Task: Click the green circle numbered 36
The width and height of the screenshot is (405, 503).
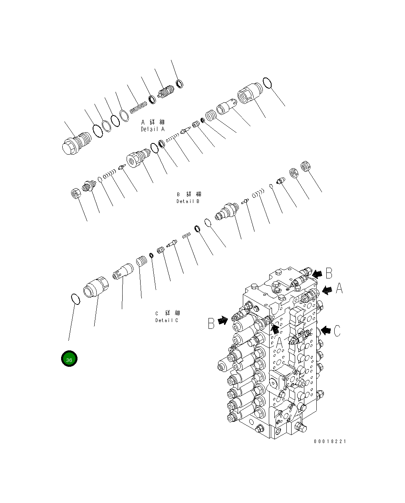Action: [69, 359]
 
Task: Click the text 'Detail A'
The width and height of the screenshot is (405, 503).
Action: [153, 129]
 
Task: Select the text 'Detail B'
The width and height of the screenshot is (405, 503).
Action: [188, 201]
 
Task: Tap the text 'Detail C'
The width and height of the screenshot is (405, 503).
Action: [167, 320]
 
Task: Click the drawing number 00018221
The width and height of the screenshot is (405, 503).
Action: [330, 441]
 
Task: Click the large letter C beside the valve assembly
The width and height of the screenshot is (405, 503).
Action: [337, 331]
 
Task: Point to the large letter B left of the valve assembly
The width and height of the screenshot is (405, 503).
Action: [211, 323]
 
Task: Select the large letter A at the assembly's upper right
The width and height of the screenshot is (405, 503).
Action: [339, 288]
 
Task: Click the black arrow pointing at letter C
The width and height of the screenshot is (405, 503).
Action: [326, 330]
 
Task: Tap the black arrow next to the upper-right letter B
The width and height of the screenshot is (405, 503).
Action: [318, 274]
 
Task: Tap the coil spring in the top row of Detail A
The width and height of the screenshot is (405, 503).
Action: [139, 107]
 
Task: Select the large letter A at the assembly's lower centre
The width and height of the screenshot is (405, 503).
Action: [280, 342]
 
